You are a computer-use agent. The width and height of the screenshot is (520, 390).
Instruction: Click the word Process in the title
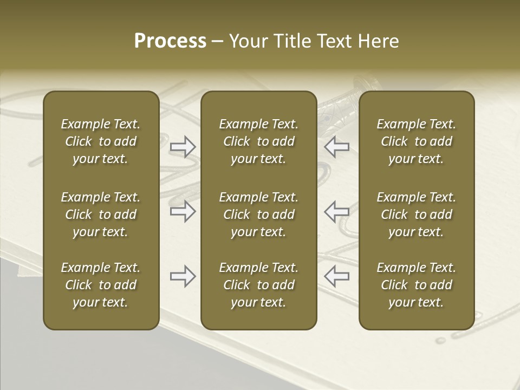170,41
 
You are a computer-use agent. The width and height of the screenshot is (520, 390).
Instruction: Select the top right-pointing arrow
183,147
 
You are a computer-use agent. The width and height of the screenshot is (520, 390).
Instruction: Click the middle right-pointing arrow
183,211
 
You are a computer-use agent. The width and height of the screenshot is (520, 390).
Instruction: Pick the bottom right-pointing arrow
183,276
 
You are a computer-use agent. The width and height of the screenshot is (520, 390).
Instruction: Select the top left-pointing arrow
337,147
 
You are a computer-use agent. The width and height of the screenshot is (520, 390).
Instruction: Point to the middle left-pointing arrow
337,211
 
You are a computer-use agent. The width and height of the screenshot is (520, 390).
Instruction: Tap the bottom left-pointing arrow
337,276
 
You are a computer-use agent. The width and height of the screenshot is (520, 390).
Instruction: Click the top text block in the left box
101,141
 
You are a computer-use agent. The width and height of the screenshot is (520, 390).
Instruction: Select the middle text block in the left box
101,214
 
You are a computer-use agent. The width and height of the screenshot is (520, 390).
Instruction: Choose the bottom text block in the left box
101,285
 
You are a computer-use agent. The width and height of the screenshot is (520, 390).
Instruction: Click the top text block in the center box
258,141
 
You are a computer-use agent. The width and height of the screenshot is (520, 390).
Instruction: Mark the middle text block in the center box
258,214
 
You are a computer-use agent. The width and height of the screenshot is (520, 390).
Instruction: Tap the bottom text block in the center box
258,285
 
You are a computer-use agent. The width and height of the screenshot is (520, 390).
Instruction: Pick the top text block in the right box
416,141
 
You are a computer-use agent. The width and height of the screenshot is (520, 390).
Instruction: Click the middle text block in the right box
416,214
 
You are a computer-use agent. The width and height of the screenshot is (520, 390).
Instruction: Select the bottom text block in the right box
416,285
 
